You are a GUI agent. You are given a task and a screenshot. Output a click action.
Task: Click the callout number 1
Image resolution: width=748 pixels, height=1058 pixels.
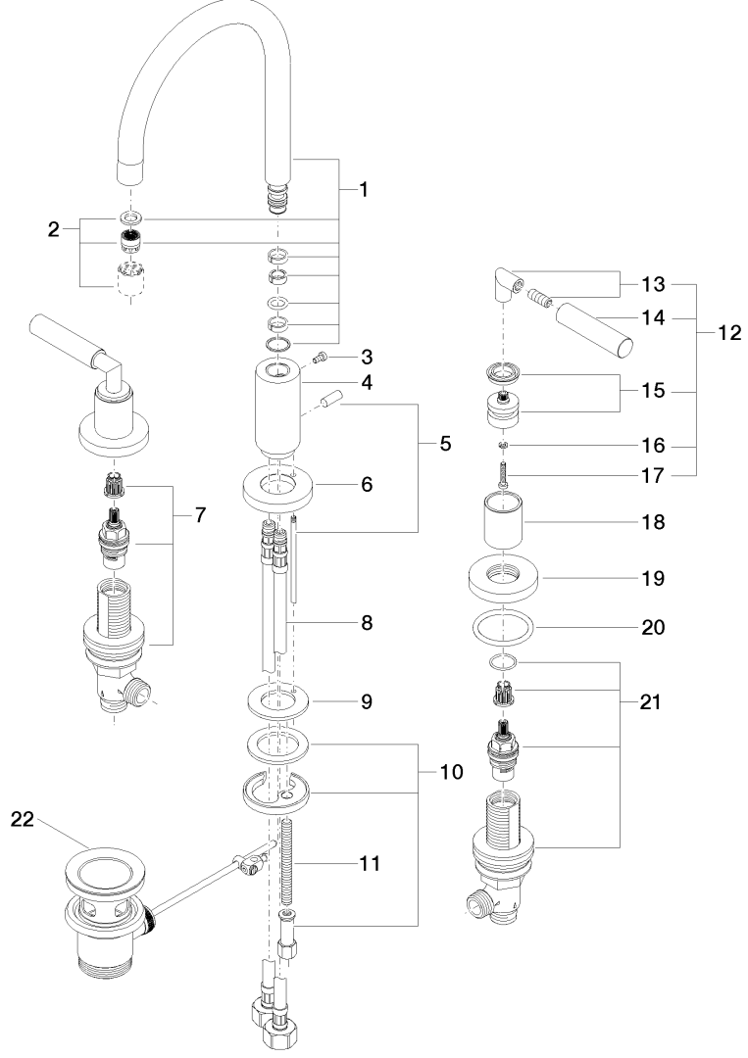363,190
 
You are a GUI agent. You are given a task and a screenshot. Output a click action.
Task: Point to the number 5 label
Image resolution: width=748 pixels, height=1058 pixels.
445,444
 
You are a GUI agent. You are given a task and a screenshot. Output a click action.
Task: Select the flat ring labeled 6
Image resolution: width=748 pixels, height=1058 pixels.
278,486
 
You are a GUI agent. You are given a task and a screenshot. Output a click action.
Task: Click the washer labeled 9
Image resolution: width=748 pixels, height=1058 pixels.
278,701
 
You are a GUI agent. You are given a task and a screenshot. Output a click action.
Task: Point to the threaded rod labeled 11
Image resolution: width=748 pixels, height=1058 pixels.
288,862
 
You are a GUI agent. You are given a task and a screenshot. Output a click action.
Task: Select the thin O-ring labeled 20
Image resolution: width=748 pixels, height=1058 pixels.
503,627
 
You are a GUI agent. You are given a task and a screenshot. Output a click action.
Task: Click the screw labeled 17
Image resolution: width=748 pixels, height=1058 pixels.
502,477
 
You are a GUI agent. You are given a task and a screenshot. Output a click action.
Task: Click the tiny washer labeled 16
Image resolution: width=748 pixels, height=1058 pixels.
502,447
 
